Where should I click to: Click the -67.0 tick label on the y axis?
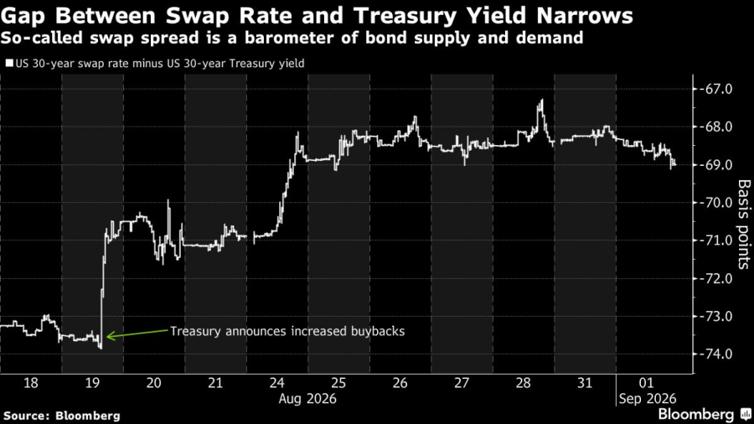pyautogui.click(x=715, y=89)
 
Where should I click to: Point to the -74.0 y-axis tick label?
pyautogui.click(x=715, y=354)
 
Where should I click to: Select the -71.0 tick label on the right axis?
pyautogui.click(x=715, y=240)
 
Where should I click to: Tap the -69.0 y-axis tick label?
pyautogui.click(x=715, y=165)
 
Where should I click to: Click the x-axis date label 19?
pyautogui.click(x=92, y=383)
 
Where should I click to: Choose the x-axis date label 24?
pyautogui.click(x=277, y=383)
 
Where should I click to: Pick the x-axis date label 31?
pyautogui.click(x=585, y=383)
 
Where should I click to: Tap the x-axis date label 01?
pyautogui.click(x=647, y=383)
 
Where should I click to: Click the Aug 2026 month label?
pyautogui.click(x=307, y=399)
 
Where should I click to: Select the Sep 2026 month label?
pyautogui.click(x=648, y=399)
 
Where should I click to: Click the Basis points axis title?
pyautogui.click(x=743, y=224)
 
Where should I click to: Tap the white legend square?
pyautogui.click(x=9, y=64)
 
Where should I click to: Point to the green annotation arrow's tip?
pyautogui.click(x=106, y=337)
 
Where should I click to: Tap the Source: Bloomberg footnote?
pyautogui.click(x=61, y=416)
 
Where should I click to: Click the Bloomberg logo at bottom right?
pyautogui.click(x=704, y=415)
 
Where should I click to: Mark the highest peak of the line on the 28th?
pyautogui.click(x=542, y=100)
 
